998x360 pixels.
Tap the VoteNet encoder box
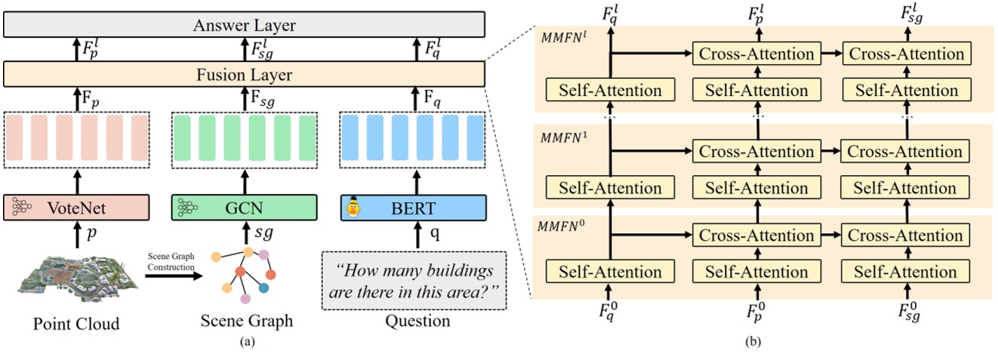point(78,206)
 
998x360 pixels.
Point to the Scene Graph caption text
point(246,322)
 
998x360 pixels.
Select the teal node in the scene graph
point(264,288)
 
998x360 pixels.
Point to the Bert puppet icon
point(353,205)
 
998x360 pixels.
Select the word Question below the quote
point(414,322)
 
